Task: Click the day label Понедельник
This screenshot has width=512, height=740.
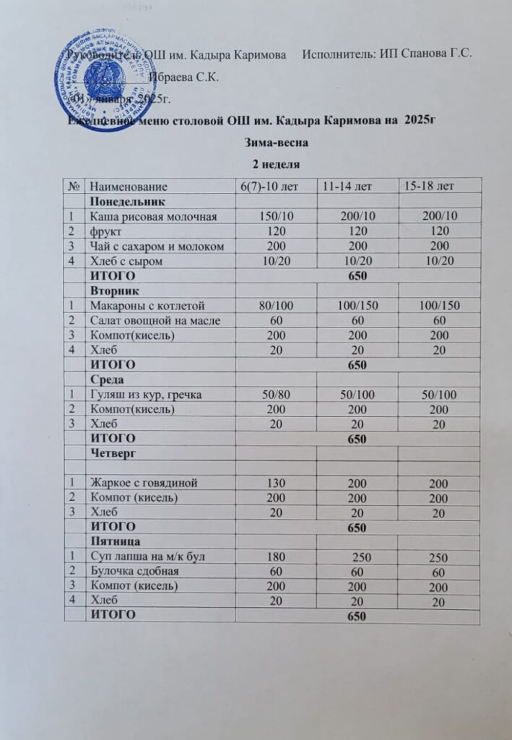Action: (127, 201)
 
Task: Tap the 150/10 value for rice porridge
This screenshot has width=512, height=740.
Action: (277, 216)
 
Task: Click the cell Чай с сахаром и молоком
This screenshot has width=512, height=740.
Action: (158, 246)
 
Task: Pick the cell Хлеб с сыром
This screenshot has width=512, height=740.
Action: (131, 260)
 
